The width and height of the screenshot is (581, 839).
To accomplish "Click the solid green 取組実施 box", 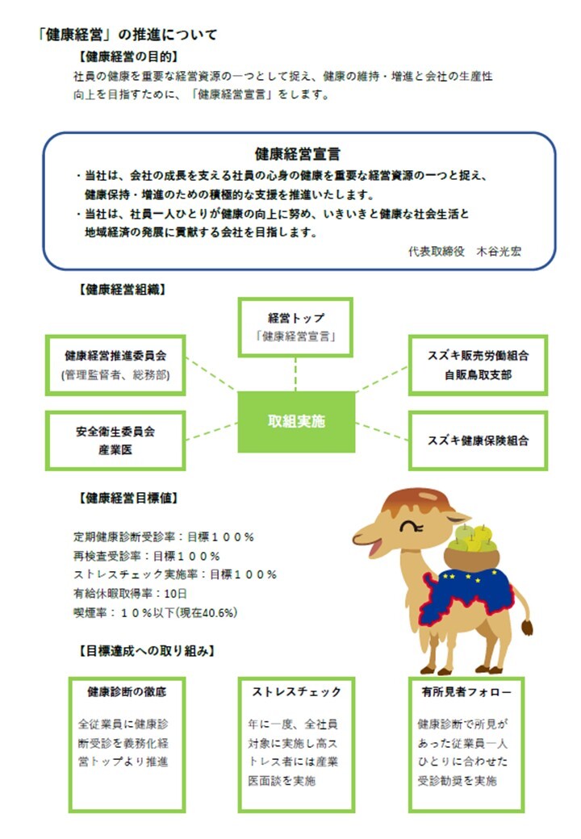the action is [296, 422].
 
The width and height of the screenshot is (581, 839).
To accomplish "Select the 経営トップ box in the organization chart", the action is [295, 327].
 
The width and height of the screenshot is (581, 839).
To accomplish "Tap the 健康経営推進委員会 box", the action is [115, 365].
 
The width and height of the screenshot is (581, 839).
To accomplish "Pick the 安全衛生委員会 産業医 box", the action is [115, 440].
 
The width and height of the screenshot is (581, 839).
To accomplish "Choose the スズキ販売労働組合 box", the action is [478, 365].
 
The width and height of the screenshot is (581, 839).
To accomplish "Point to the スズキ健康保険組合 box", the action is [478, 440].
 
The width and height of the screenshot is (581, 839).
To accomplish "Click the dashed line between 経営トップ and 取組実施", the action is [295, 374].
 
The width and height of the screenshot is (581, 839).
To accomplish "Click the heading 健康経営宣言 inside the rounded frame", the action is [298, 154].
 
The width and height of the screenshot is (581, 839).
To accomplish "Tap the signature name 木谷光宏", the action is [499, 251].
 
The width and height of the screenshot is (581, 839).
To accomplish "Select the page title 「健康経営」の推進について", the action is [127, 35].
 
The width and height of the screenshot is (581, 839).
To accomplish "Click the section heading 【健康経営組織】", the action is [122, 290].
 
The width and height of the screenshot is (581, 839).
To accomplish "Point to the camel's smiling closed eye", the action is [411, 526].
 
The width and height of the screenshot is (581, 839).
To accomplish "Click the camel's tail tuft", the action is [527, 627].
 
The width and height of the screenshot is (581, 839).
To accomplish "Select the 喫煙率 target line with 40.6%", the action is [155, 612].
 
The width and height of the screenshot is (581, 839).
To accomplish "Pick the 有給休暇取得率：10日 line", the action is [130, 594].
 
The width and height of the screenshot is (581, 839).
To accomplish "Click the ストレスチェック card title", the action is [296, 692].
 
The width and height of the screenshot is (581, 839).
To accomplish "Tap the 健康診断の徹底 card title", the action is [127, 692].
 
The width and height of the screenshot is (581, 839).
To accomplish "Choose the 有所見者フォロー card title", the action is [466, 692].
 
